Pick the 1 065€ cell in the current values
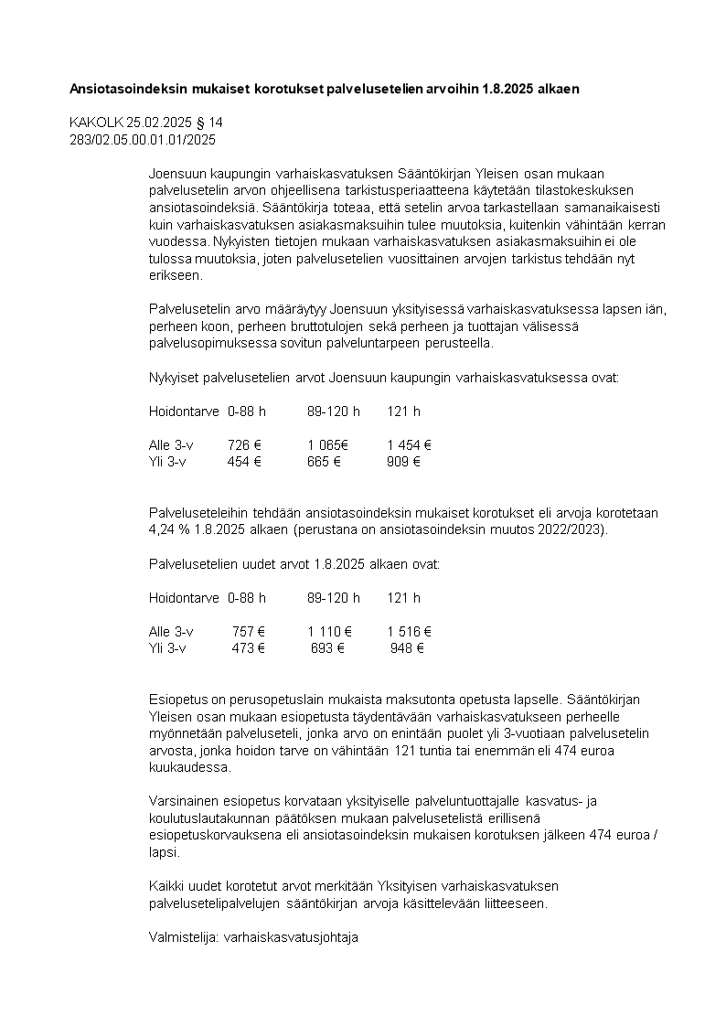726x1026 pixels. [328, 445]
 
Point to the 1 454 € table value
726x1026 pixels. [409, 445]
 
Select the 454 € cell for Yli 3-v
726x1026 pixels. [244, 462]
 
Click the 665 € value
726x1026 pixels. [324, 462]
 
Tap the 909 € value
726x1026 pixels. [403, 462]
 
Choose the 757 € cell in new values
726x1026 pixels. [248, 632]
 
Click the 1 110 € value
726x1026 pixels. [330, 632]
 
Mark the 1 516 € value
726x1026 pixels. [409, 632]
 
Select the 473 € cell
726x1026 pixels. [248, 648]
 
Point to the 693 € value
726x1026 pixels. [327, 648]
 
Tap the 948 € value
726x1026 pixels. [407, 648]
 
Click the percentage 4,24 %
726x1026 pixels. [169, 530]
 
